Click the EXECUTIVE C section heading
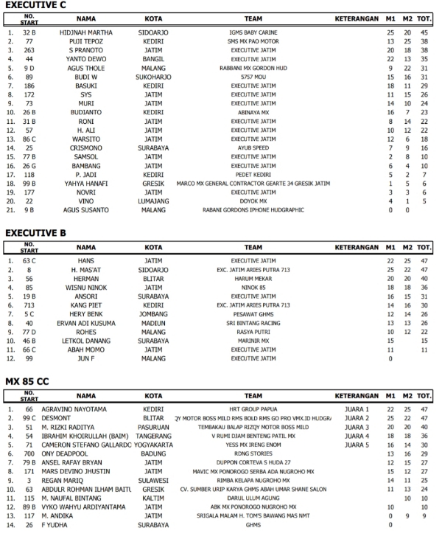(35, 5)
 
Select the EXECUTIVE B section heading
(35, 233)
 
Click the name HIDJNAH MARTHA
(86, 33)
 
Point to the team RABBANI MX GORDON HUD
(253, 69)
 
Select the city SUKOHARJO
(153, 77)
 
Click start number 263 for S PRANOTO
(29, 51)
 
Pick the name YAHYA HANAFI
(86, 183)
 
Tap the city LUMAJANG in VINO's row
(153, 201)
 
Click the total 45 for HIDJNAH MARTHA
(424, 33)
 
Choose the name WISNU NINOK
(86, 288)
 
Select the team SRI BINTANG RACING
(253, 323)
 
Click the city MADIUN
(153, 323)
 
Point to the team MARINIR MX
(253, 341)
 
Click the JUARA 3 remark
(357, 426)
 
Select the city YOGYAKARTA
(153, 445)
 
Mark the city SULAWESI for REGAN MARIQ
(153, 480)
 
